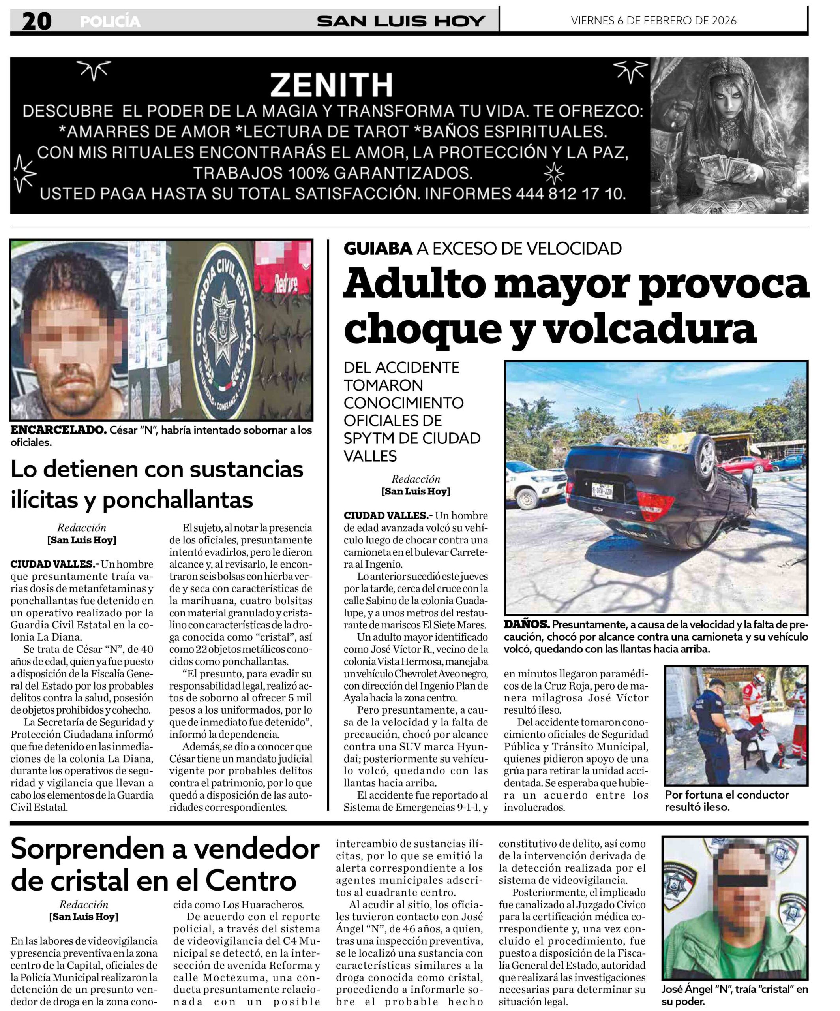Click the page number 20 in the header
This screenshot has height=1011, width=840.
tap(37, 21)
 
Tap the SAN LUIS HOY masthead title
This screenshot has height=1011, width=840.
tap(400, 21)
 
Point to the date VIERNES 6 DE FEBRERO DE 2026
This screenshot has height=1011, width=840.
tap(653, 20)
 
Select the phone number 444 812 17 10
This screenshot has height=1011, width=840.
tap(570, 194)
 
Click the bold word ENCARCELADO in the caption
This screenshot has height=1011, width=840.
tap(58, 430)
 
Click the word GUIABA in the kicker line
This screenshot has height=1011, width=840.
tap(378, 248)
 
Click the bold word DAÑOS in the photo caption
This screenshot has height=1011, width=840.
tap(526, 624)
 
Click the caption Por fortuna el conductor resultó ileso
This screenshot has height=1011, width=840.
tap(726, 801)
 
